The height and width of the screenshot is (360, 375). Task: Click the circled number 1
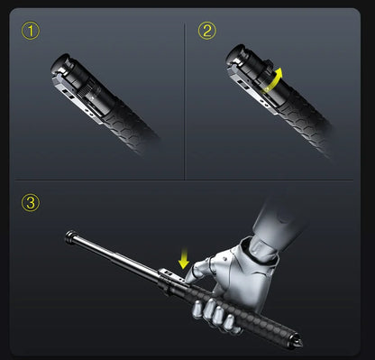[x=32, y=32]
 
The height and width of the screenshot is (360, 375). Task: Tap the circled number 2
[x=208, y=32]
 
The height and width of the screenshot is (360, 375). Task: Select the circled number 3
[x=32, y=202]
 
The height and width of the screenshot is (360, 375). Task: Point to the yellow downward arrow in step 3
[x=183, y=259]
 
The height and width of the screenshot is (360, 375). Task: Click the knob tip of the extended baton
[x=70, y=236]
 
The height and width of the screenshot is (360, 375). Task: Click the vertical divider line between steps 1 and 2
[x=186, y=99]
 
